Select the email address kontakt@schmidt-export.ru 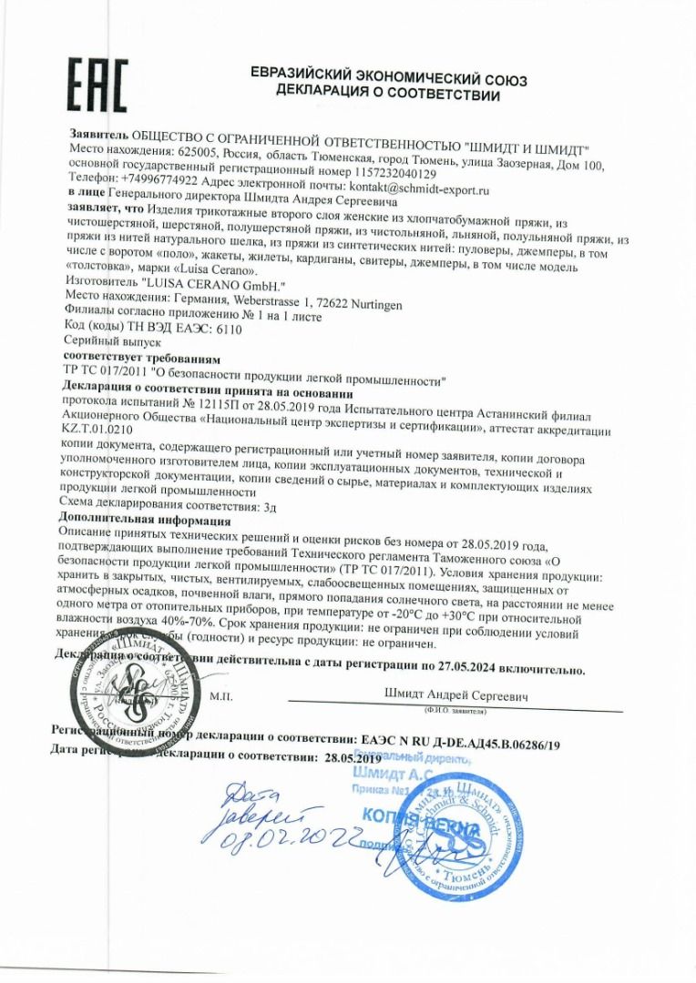pos(415,190)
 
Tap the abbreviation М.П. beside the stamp pos(221,696)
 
